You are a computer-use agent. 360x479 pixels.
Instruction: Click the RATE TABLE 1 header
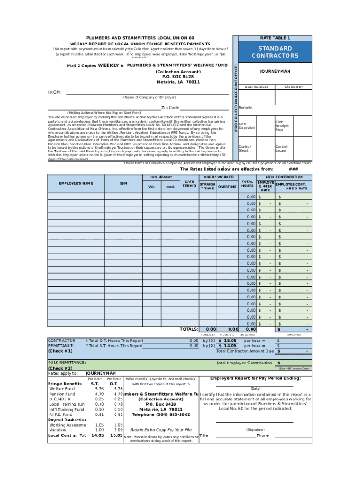tap(275, 38)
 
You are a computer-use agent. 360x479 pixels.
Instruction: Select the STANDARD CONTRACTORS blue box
tap(275, 52)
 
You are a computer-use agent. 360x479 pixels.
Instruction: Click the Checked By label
tap(294, 87)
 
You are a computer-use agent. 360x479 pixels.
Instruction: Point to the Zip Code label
tap(170, 108)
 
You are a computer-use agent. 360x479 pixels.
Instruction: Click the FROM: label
tap(55, 92)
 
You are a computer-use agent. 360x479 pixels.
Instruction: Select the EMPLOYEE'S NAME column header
tap(75, 183)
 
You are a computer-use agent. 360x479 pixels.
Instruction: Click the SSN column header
tap(123, 183)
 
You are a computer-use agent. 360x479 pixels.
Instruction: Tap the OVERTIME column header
tap(227, 187)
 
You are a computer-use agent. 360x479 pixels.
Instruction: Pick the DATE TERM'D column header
tap(189, 183)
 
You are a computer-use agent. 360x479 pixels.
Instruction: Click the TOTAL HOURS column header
tap(247, 183)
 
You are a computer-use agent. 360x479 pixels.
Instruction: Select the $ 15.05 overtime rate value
tap(227, 341)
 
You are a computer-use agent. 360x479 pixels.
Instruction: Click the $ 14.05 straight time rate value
tap(227, 346)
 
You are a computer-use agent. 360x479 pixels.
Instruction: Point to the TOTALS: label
tap(189, 329)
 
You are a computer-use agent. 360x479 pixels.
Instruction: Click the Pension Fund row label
tap(62, 394)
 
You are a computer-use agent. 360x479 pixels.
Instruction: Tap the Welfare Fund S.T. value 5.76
tap(99, 389)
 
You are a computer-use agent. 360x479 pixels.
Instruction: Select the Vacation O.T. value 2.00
tap(118, 430)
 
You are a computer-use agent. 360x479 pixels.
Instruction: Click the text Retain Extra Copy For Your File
tap(161, 429)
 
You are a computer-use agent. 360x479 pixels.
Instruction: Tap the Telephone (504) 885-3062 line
tap(161, 414)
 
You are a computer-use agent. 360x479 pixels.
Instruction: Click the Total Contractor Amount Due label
tap(245, 351)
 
